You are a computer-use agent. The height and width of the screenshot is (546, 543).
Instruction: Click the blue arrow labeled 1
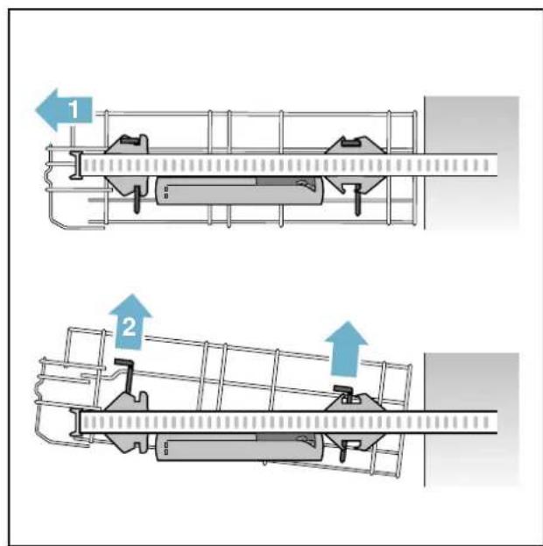(64, 110)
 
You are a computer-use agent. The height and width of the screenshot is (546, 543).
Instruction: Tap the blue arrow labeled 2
(130, 322)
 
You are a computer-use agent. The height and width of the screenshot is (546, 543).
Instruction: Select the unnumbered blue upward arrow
(346, 349)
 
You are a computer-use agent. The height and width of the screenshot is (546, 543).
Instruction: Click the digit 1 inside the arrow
(74, 110)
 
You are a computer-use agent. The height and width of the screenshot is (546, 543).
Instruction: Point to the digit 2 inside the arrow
(129, 327)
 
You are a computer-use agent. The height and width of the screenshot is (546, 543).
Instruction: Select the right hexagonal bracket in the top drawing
(356, 165)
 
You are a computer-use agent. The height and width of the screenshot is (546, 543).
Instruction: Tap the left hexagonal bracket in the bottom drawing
(127, 422)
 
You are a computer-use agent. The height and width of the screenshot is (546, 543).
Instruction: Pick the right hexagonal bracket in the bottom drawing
(356, 422)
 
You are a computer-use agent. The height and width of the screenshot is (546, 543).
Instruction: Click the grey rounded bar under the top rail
(239, 191)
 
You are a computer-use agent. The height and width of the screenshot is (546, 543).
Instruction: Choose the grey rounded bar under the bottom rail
(239, 447)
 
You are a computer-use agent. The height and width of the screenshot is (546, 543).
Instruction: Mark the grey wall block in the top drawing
(472, 163)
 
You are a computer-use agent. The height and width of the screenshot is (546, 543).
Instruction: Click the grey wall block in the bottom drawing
(472, 420)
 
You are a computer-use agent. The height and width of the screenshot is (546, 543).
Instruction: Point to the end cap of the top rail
(75, 165)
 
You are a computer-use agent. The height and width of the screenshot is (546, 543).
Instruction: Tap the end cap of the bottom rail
(75, 422)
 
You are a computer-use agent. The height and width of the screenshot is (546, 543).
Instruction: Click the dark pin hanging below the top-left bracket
(138, 199)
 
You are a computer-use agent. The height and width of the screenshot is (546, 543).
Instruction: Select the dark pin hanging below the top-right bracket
(357, 201)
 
